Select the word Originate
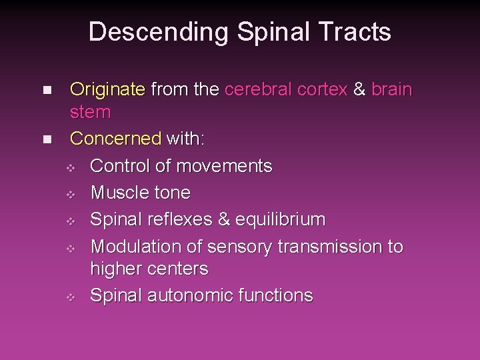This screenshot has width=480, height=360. [x=107, y=89]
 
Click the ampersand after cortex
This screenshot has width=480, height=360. [x=360, y=89]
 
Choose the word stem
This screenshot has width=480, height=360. [x=91, y=112]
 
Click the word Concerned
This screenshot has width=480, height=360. [x=115, y=139]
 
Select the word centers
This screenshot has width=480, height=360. [x=178, y=269]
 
